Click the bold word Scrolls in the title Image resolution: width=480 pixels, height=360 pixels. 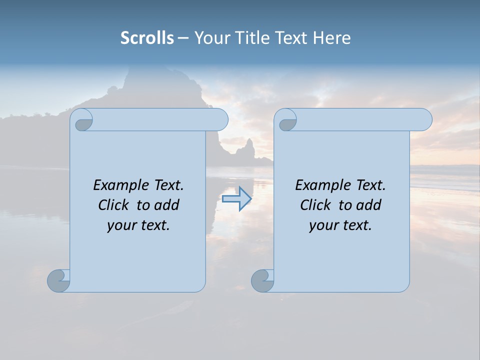[147, 38]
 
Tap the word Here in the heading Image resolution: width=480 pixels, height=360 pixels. [332, 38]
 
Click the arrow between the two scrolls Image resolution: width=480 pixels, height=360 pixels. [236, 199]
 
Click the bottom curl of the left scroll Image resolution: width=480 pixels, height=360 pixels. [58, 280]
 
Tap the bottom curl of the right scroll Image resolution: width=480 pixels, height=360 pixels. [262, 280]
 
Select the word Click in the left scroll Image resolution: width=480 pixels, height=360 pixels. [113, 205]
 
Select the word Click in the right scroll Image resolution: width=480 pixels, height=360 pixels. [315, 205]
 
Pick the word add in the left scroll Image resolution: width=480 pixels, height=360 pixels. [167, 205]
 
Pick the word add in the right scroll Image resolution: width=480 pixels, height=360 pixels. [369, 205]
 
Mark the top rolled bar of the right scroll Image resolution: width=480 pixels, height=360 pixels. [360, 119]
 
